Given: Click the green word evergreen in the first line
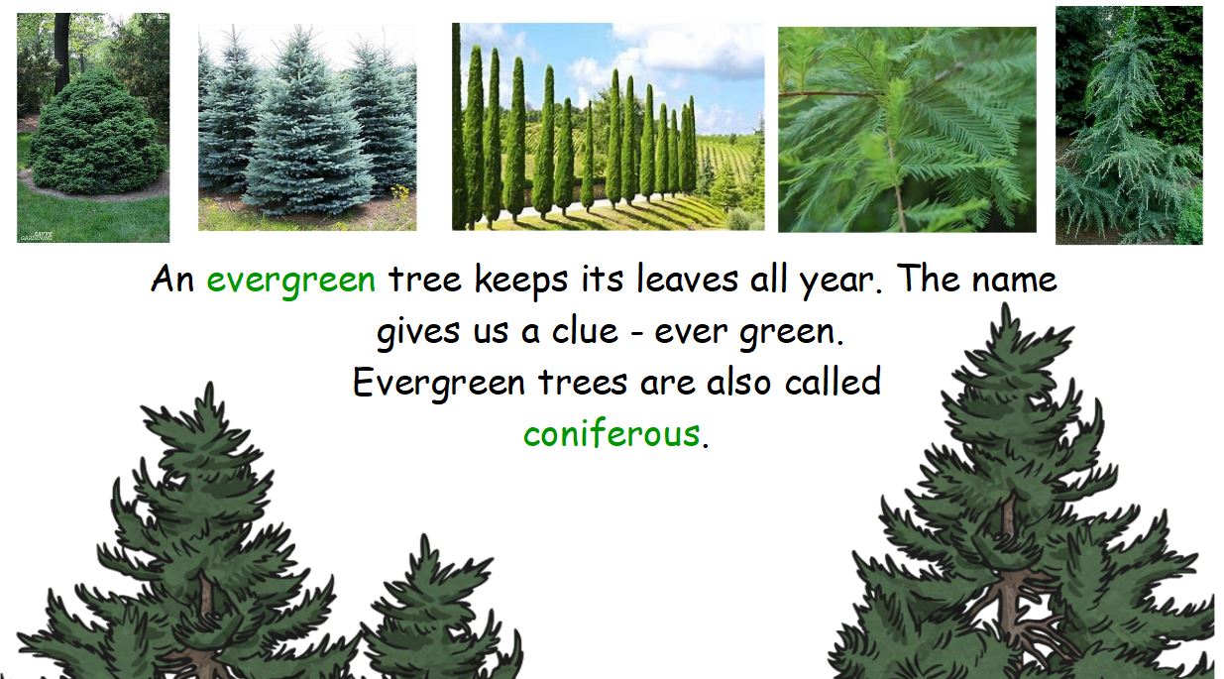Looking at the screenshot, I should coord(290,281).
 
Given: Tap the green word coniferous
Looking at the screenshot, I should coord(611,433).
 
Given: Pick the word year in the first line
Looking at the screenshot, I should coord(835,281).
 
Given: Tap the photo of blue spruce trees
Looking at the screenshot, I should coord(307,128).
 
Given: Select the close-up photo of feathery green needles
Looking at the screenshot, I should coord(906,129).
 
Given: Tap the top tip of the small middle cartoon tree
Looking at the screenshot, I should coord(425,541).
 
